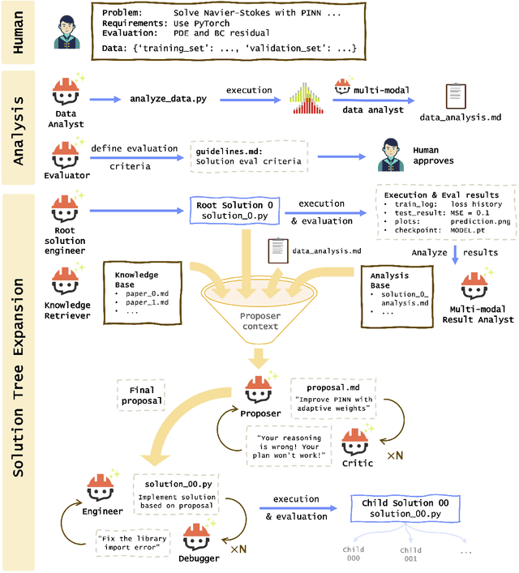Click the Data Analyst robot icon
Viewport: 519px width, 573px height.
pyautogui.click(x=66, y=92)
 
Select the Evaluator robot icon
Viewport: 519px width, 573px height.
pyautogui.click(x=66, y=153)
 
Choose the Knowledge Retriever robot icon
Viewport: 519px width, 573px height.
pyautogui.click(x=66, y=281)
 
